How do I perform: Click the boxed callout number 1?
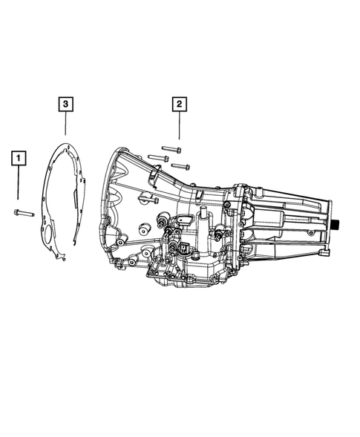tap(19, 158)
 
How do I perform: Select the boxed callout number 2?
tap(179, 104)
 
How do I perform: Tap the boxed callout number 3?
tap(65, 104)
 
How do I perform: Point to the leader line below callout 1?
tap(19, 183)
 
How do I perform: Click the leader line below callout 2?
tap(179, 125)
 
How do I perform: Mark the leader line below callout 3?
tap(65, 123)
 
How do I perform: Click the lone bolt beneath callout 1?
tap(24, 213)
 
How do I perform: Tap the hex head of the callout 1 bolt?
tap(16, 212)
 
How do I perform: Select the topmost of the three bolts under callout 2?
tap(171, 149)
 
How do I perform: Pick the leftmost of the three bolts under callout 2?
tap(158, 158)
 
